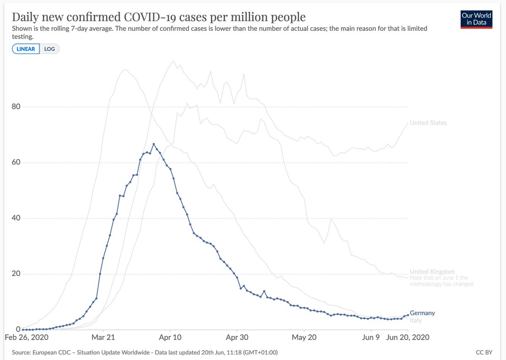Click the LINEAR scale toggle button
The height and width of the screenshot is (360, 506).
(x=26, y=49)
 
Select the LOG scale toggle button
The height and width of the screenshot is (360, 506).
(x=50, y=49)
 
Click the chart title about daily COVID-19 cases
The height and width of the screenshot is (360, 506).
(x=159, y=17)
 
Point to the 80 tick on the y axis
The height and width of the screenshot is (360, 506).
(x=16, y=107)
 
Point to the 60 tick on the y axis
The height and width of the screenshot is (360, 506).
(x=16, y=162)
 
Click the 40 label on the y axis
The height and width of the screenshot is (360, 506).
(x=16, y=218)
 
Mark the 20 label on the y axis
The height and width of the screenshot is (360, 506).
(x=16, y=274)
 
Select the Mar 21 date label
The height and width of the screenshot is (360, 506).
(x=103, y=338)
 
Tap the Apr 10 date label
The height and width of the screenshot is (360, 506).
(x=170, y=338)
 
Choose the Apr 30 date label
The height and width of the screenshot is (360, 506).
(x=237, y=338)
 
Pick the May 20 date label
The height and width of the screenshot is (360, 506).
(x=304, y=338)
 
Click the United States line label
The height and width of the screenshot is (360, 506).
(x=428, y=123)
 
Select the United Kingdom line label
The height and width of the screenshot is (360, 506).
(x=432, y=272)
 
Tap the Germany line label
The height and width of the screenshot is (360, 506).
(x=422, y=313)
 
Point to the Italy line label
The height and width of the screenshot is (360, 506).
(x=415, y=320)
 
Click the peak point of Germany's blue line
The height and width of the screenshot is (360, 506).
(x=153, y=144)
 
